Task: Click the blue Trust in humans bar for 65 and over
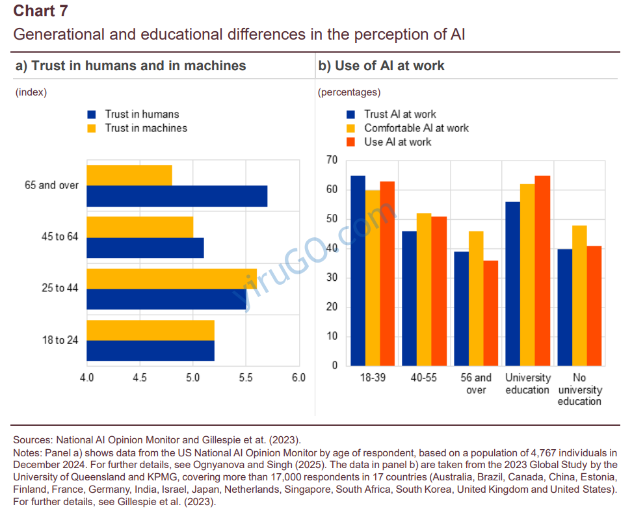[176, 196]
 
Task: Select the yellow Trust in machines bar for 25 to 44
[171, 279]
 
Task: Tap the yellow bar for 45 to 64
[139, 227]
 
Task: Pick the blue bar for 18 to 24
[150, 350]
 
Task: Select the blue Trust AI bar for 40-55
[409, 298]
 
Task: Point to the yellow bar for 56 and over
[476, 298]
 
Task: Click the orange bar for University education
[542, 270]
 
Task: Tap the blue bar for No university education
[564, 307]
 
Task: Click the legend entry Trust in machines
[146, 128]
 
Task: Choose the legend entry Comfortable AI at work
[416, 128]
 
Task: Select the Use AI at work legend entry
[397, 142]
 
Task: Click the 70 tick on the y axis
[332, 160]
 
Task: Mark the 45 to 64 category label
[60, 237]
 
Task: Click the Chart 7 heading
[40, 11]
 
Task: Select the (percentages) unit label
[349, 92]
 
